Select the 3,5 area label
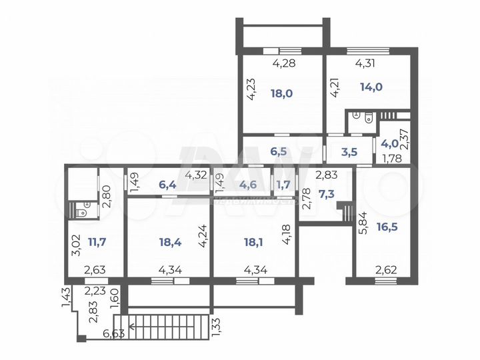pos(349,151)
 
